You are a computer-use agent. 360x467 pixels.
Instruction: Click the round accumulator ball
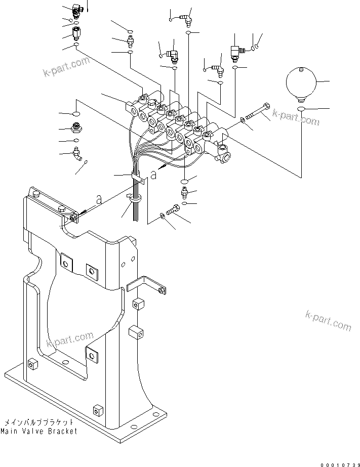tap(301, 82)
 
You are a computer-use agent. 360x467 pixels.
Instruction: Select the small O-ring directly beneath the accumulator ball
tap(301, 109)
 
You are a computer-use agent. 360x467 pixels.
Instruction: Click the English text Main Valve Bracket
tap(39, 431)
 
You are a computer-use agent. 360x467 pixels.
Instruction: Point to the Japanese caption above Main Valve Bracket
tap(39, 422)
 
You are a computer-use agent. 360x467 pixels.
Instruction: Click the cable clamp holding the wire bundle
tap(137, 177)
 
